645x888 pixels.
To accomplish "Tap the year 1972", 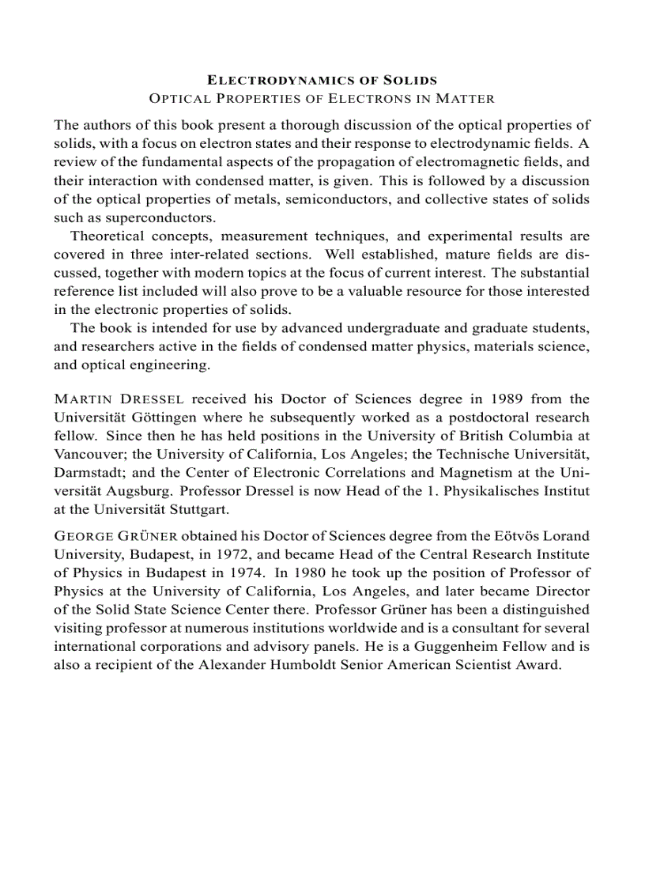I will pyautogui.click(x=268, y=554).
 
